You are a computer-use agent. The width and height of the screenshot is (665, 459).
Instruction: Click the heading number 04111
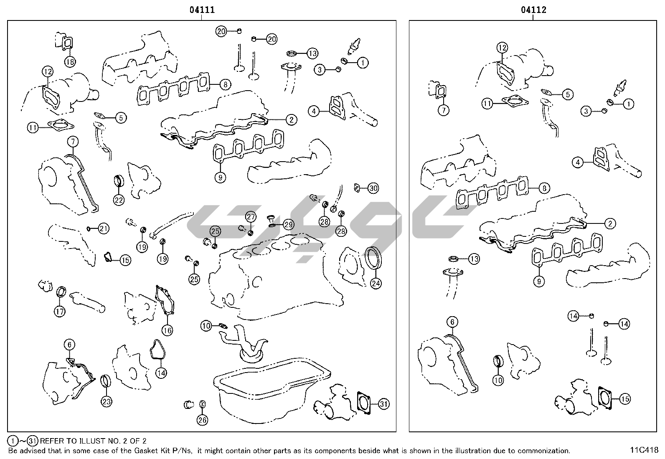click(202, 10)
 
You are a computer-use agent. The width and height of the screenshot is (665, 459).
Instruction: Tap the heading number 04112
click(533, 10)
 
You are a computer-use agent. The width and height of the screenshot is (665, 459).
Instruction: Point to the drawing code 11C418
click(644, 450)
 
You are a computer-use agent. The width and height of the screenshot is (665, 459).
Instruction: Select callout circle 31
click(384, 404)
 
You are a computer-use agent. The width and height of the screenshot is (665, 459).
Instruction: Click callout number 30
click(373, 188)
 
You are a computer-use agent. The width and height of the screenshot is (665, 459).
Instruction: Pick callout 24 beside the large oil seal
click(376, 284)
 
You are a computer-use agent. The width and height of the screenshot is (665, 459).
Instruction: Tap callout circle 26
click(202, 420)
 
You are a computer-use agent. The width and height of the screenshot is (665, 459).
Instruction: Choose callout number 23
click(106, 402)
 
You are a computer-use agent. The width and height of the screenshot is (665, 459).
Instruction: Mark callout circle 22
click(119, 200)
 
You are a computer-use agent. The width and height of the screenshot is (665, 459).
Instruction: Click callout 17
click(59, 312)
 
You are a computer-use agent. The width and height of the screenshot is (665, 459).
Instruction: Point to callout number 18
click(70, 62)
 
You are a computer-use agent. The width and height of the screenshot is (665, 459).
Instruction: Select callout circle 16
click(167, 330)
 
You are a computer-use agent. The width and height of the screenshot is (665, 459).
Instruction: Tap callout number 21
click(103, 228)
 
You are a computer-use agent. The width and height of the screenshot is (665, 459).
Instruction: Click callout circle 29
click(288, 225)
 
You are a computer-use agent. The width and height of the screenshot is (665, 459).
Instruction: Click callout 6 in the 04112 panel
click(452, 322)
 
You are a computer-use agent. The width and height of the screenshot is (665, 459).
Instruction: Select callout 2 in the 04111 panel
click(291, 119)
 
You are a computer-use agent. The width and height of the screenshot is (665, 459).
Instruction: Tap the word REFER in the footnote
click(52, 441)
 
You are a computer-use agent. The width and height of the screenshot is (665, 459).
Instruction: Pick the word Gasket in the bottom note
click(144, 451)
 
